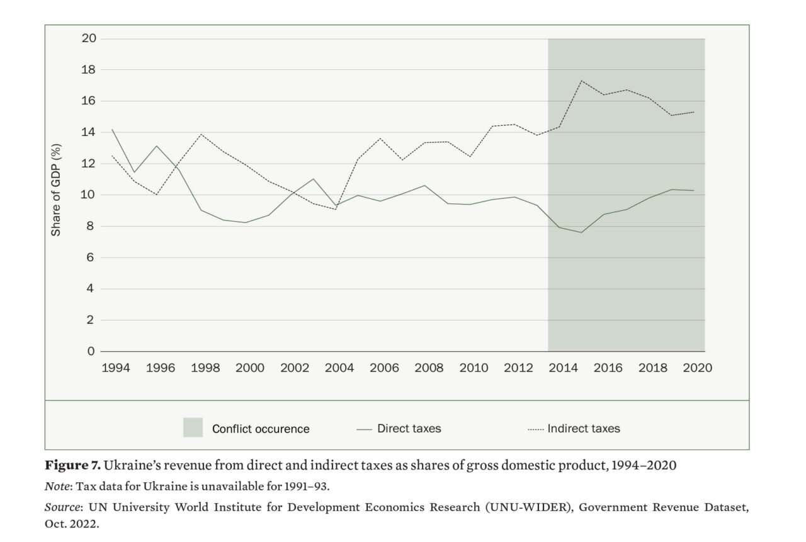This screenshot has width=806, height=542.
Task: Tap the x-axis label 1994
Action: coord(115,368)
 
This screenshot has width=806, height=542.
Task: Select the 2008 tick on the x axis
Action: coord(428,368)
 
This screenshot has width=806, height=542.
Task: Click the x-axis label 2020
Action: coord(697,368)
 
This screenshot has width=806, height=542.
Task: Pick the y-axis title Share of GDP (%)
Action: coord(57,189)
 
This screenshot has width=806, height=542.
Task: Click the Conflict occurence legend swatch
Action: coord(193,427)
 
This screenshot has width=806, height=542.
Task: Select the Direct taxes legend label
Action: coord(409,429)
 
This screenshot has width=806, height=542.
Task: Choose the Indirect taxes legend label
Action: coord(583,429)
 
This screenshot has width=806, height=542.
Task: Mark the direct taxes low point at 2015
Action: coord(581,232)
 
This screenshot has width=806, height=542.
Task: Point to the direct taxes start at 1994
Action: coord(112,129)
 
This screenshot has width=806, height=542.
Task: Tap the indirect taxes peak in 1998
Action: coord(201,134)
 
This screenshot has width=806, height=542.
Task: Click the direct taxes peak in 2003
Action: coord(313,179)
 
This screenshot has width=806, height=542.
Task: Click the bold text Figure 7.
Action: coord(72,466)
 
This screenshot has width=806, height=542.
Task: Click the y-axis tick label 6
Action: coord(91,257)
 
